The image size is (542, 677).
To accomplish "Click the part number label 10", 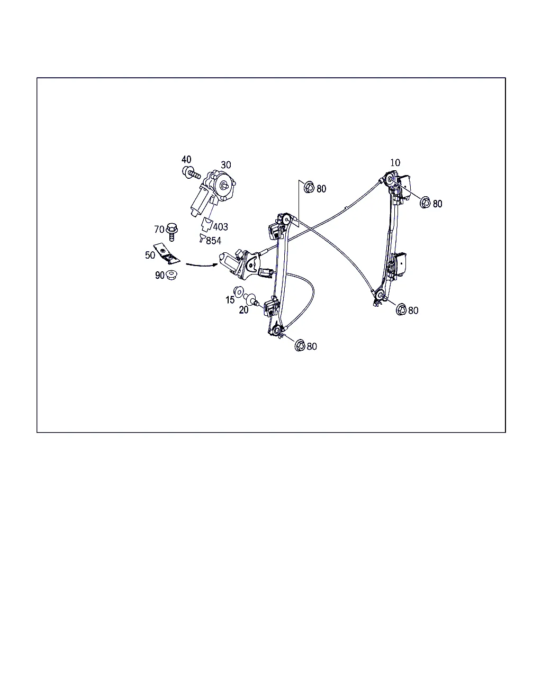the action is [395, 163].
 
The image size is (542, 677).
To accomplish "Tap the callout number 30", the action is [226, 164].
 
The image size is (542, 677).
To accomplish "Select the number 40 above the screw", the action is [186, 159].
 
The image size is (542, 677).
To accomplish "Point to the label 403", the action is [221, 226].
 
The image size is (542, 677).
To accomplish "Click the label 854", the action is [213, 241].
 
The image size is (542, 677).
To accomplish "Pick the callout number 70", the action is [159, 230].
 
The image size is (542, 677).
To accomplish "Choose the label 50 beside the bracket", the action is [150, 255].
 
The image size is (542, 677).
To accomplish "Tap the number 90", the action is [160, 275].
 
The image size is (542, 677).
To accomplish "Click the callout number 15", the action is [230, 300].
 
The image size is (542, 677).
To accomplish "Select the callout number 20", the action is [243, 310].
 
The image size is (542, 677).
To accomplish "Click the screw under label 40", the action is [191, 173].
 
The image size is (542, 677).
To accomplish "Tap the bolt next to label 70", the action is [171, 232].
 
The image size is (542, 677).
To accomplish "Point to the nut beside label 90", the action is [171, 275].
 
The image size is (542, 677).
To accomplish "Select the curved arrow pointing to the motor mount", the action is [202, 265].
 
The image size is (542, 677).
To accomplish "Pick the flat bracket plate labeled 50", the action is [167, 253].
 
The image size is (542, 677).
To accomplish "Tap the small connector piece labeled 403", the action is [207, 224].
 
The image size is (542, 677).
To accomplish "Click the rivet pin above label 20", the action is [251, 299].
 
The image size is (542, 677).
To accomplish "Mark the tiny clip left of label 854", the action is [202, 237].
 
